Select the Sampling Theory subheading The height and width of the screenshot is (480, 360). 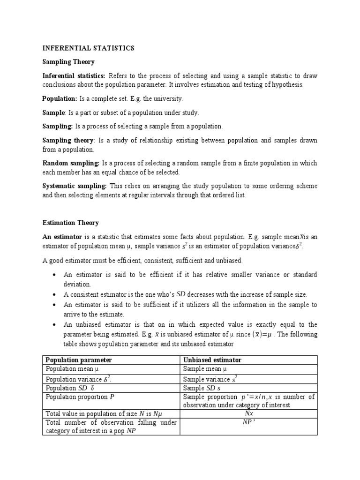click(68, 62)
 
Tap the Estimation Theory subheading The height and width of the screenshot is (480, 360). click(71, 223)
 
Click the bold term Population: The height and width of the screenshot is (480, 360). click(60, 99)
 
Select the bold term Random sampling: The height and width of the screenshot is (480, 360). click(71, 163)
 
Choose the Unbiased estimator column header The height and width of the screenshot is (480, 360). click(212, 360)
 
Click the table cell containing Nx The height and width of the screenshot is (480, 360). click(249, 414)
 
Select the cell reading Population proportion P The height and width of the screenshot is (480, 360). click(80, 397)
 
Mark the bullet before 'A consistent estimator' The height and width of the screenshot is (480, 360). click(56, 295)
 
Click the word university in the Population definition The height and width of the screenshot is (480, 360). click(166, 99)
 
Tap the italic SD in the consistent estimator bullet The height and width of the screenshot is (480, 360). click(181, 294)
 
